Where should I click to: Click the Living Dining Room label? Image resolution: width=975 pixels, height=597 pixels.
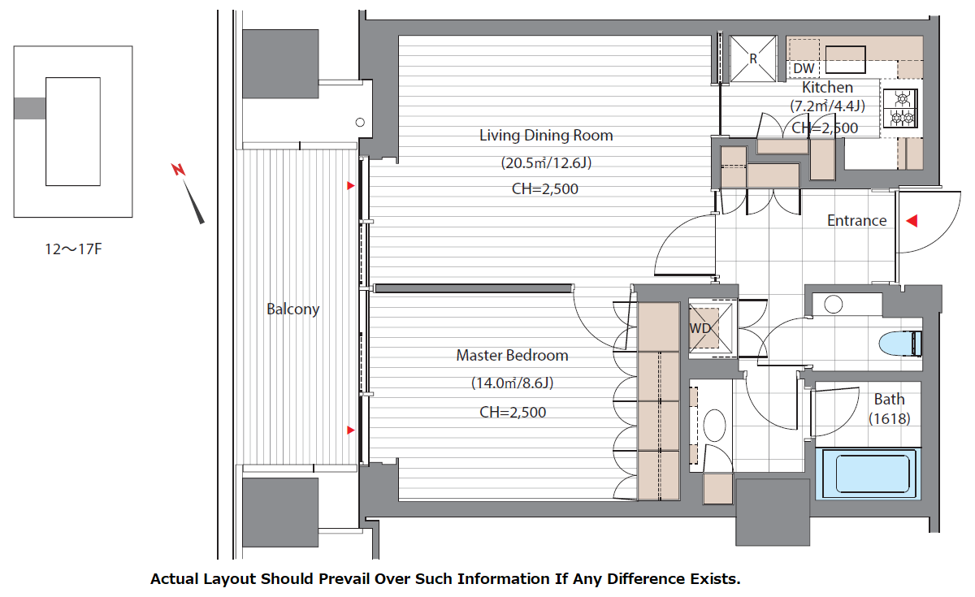tap(546, 136)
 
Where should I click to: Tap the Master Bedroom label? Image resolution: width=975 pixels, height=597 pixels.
tap(512, 356)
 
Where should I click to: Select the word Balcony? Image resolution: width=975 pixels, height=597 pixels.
tap(293, 309)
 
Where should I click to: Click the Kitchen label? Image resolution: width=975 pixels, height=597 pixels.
tap(827, 87)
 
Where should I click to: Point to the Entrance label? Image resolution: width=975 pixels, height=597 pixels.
tap(856, 221)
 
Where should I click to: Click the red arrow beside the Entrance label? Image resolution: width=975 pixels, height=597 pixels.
tap(912, 221)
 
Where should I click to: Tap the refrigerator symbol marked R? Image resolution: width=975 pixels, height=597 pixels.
tap(753, 58)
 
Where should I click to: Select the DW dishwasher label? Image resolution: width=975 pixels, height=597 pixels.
tap(804, 68)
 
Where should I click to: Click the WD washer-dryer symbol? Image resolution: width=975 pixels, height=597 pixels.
tap(710, 328)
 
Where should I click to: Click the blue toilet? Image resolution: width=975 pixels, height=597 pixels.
tap(900, 344)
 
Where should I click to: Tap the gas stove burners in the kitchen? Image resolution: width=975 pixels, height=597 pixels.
tap(900, 108)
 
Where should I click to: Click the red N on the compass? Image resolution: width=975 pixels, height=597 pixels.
tap(178, 169)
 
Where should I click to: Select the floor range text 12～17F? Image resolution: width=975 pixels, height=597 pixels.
tap(73, 249)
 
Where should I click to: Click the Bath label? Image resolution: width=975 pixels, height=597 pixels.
tap(889, 399)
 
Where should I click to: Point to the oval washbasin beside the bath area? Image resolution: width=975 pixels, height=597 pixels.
tap(714, 425)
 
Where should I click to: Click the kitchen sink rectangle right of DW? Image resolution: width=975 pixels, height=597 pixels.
tap(845, 59)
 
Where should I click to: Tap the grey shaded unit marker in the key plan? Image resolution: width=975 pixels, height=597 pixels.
tap(29, 108)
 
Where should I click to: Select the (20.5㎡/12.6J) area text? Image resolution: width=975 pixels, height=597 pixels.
tap(546, 162)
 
